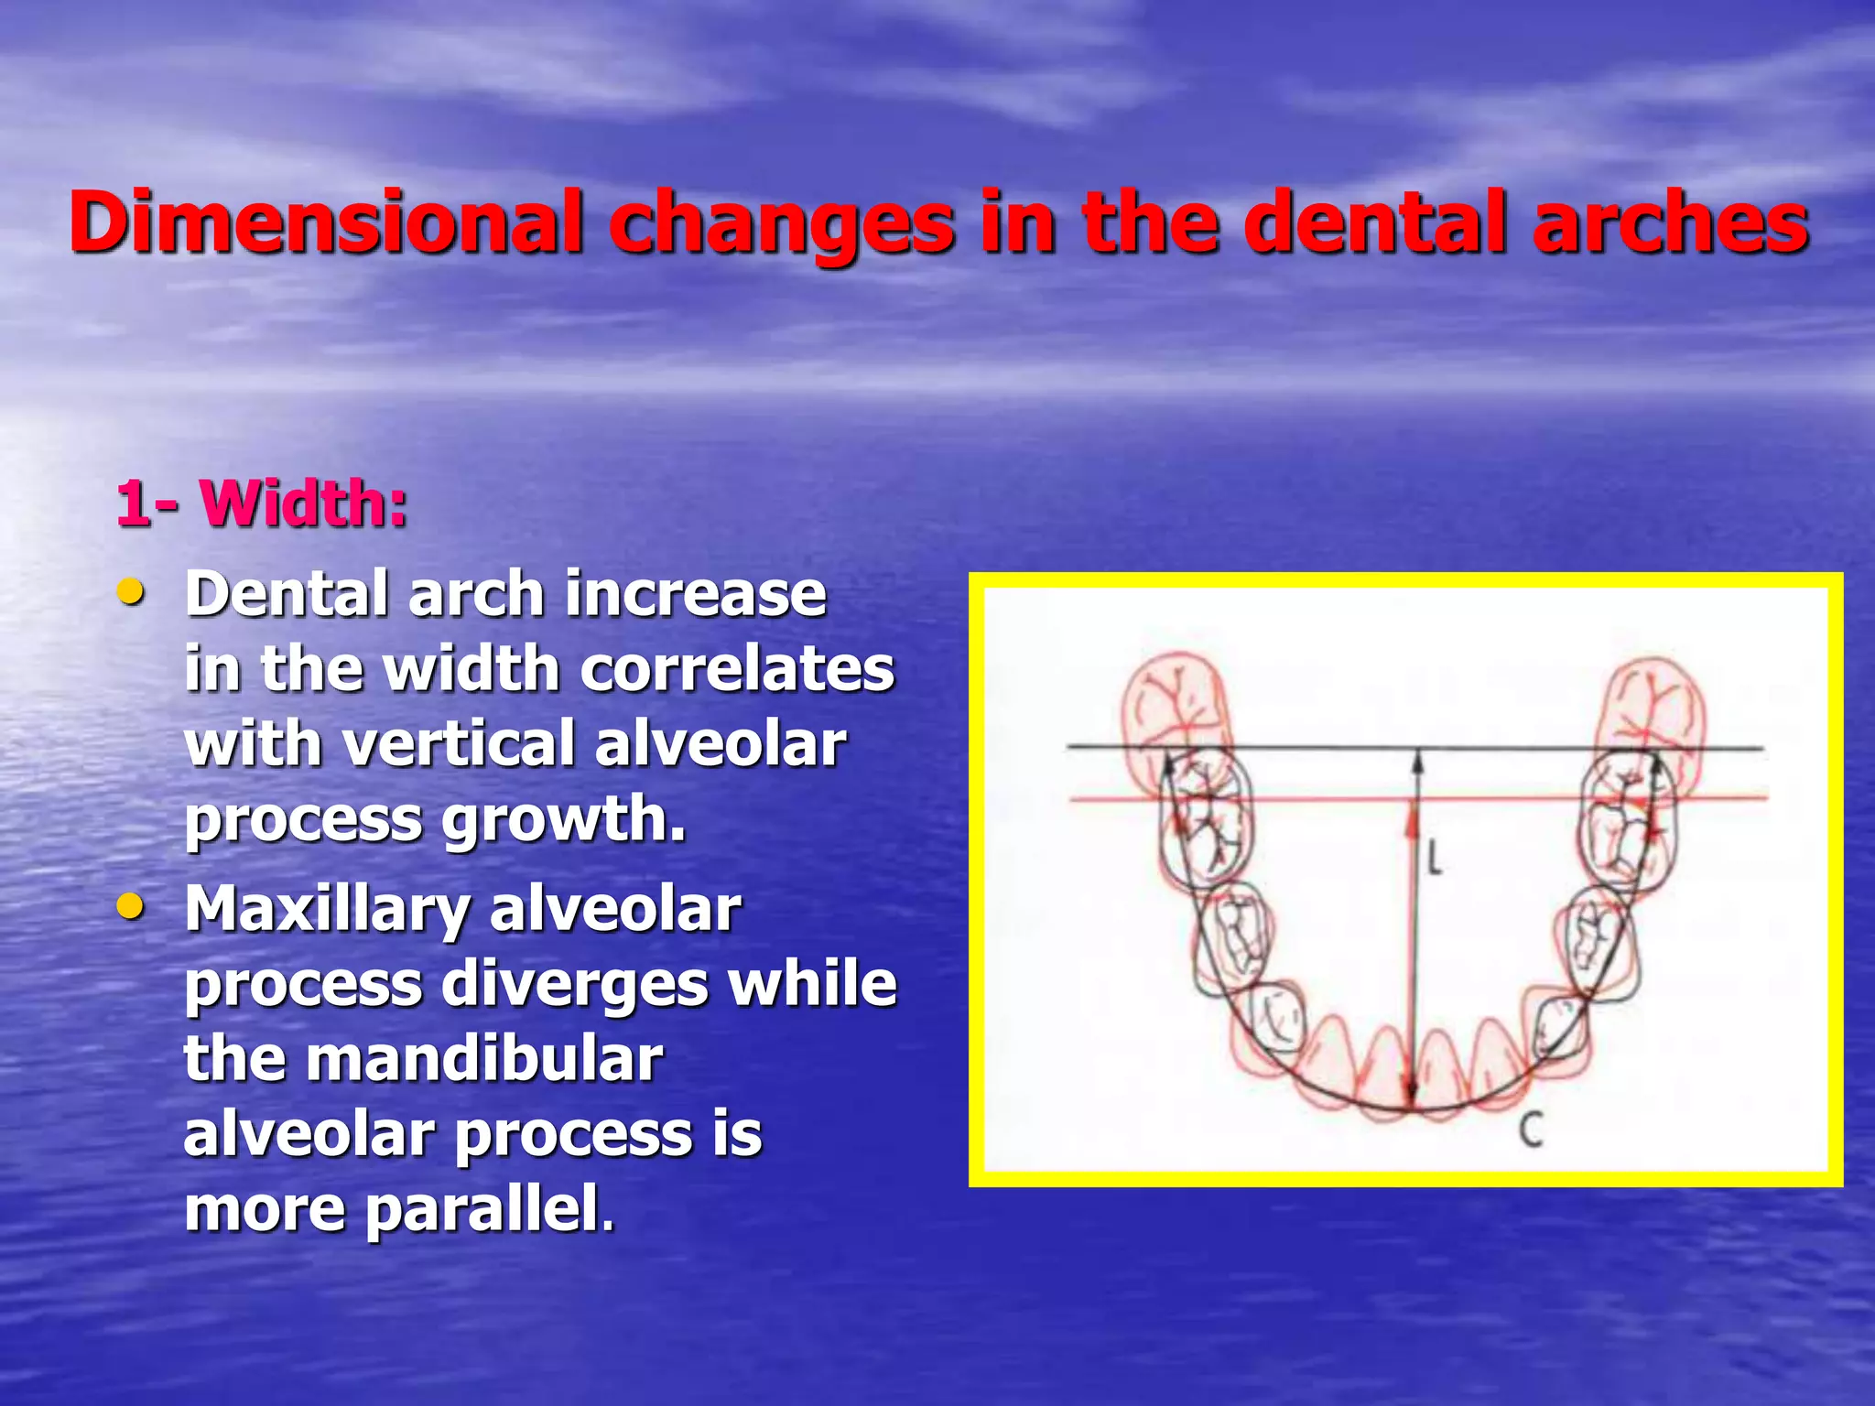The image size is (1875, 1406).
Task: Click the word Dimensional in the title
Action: [x=326, y=222]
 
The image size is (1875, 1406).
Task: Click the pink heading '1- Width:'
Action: [x=262, y=503]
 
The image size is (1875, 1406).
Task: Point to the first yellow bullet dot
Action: [x=131, y=592]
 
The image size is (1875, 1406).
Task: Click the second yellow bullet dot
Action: [x=131, y=907]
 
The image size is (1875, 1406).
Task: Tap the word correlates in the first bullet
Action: [x=737, y=669]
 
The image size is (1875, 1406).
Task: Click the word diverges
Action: [x=577, y=985]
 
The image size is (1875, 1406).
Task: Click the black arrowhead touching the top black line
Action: [x=1417, y=759]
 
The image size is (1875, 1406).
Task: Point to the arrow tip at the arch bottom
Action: [x=1412, y=1103]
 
